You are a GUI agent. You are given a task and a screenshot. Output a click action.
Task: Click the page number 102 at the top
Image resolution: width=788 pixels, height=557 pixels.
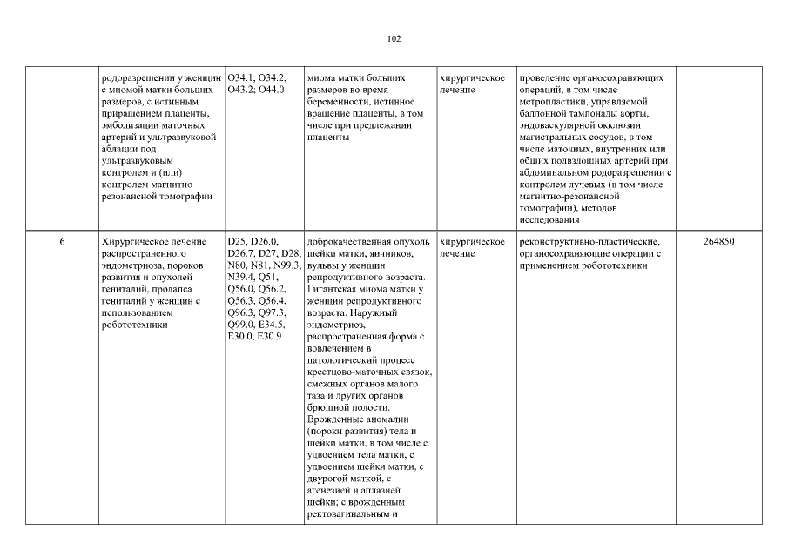click(x=394, y=38)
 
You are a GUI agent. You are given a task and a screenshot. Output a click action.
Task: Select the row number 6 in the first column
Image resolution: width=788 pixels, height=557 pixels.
click(x=64, y=241)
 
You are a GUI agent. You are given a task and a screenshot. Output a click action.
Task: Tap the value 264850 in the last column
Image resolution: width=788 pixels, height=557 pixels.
click(x=719, y=241)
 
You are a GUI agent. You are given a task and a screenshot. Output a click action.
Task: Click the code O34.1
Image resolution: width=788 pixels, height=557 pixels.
click(x=242, y=78)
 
